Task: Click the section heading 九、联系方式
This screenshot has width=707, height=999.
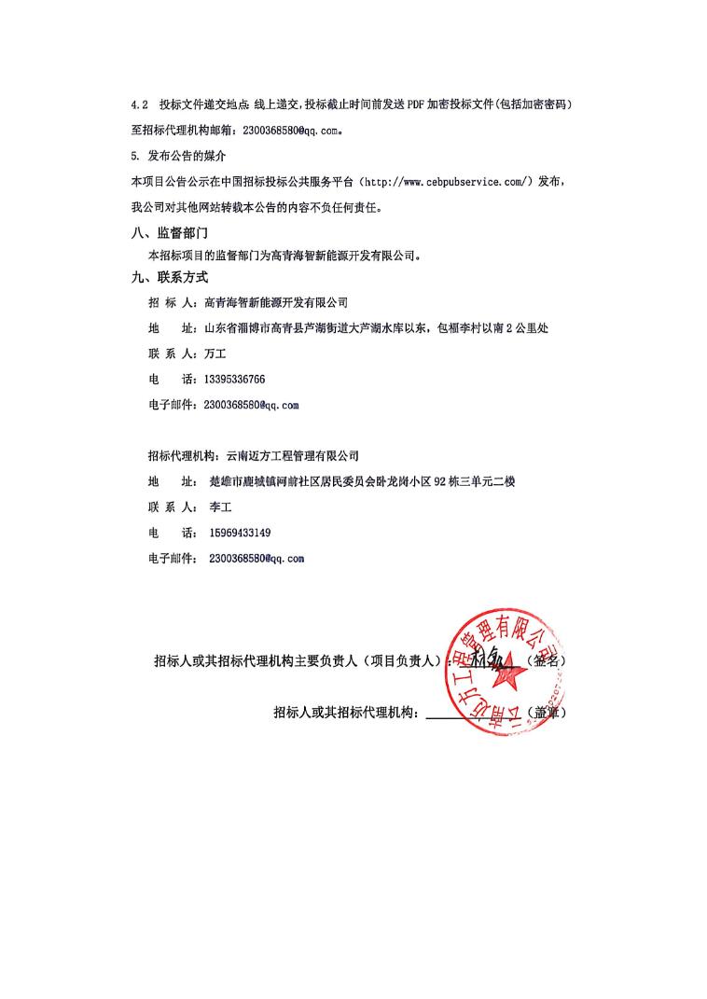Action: [170, 277]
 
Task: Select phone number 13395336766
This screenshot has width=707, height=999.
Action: [234, 380]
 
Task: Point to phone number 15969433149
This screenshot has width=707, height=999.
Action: [240, 533]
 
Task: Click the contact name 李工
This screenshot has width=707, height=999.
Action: [220, 507]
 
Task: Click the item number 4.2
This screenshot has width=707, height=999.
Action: [139, 104]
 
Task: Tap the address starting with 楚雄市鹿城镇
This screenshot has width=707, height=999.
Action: [363, 482]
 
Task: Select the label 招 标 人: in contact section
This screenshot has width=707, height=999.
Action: [173, 302]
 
